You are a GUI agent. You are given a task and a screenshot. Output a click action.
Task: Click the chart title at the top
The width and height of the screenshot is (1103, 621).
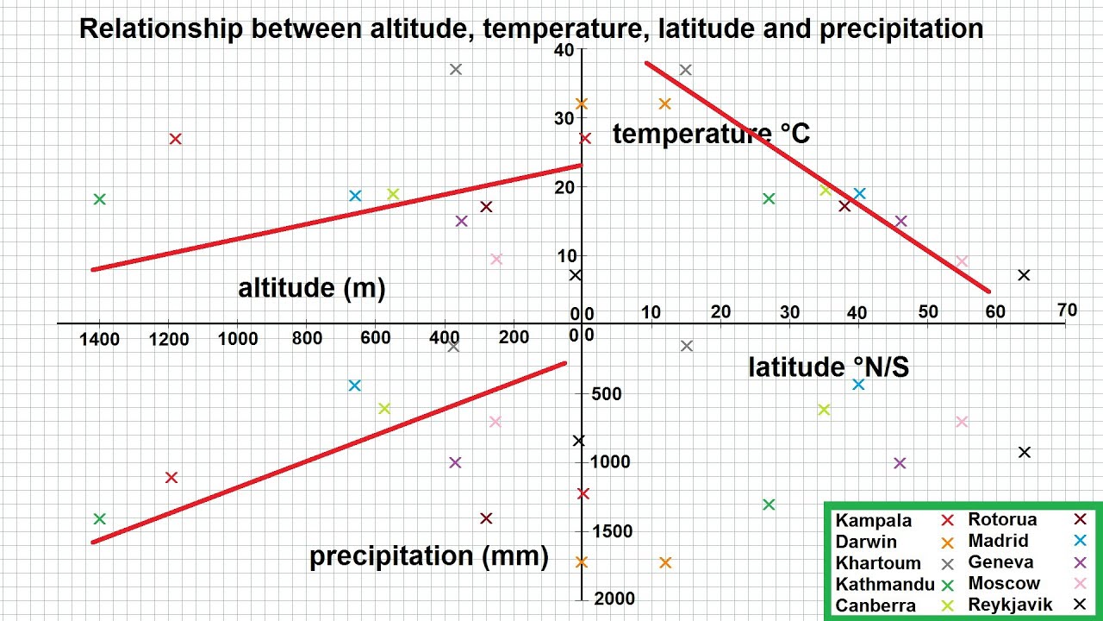click(531, 29)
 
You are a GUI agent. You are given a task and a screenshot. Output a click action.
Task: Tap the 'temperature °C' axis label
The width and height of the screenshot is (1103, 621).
click(711, 134)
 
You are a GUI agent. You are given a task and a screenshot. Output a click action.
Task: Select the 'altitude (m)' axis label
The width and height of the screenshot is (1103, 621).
click(311, 288)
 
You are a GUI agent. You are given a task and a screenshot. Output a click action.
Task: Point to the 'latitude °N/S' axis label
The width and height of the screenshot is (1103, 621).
click(828, 367)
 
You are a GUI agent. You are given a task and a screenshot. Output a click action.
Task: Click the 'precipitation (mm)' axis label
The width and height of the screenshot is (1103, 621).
click(428, 556)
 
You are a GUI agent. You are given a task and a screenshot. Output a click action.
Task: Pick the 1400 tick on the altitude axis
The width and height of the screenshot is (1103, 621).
click(100, 339)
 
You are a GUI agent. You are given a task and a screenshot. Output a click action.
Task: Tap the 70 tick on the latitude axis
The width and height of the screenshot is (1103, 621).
click(1067, 310)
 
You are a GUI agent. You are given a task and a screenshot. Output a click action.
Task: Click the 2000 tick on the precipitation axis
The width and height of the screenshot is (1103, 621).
click(614, 599)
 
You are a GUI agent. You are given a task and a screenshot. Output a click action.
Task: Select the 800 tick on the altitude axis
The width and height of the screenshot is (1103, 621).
click(307, 338)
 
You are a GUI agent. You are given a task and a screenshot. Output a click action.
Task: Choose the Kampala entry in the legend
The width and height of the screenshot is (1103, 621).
click(873, 521)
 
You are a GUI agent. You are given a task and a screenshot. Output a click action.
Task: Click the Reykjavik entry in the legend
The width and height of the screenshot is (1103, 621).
click(1010, 605)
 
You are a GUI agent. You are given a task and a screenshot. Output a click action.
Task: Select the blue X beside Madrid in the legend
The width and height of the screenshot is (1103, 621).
click(1079, 541)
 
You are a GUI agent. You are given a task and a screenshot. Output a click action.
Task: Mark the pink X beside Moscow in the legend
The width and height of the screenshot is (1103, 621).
click(1079, 584)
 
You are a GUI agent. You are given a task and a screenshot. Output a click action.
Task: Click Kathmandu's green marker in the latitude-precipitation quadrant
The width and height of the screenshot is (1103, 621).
click(769, 505)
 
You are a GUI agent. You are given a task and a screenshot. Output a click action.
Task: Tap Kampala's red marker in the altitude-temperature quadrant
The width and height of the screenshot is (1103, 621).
click(175, 139)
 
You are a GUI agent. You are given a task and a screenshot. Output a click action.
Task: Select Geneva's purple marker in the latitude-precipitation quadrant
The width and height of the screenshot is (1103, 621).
click(900, 463)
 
